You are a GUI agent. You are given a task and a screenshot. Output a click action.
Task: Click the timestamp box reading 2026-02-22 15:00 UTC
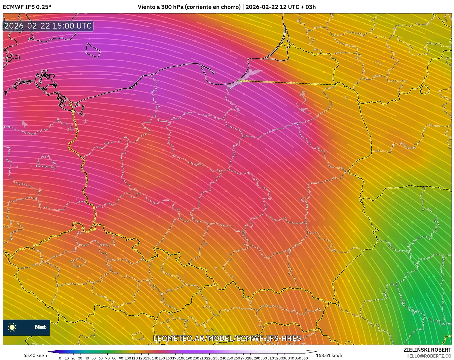pyautogui.click(x=48, y=26)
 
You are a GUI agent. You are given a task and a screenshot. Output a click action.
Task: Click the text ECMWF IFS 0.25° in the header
pyautogui.click(x=27, y=7)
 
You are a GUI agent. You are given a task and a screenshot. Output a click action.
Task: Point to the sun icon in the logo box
pyautogui.click(x=12, y=327)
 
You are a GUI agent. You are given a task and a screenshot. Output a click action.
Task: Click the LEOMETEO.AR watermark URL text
pyautogui.click(x=227, y=338)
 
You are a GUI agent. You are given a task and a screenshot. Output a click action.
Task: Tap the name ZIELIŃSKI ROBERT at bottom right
pyautogui.click(x=427, y=350)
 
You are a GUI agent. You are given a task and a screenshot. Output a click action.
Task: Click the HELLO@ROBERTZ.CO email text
pyautogui.click(x=428, y=356)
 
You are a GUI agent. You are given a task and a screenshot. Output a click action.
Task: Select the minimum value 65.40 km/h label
pyautogui.click(x=35, y=355)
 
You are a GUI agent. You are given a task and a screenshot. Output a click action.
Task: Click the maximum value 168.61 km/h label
pyautogui.click(x=329, y=355)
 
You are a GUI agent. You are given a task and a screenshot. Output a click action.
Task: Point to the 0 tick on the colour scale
pyautogui.click(x=60, y=358)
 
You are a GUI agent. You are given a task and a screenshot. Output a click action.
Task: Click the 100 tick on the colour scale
pyautogui.click(x=128, y=358)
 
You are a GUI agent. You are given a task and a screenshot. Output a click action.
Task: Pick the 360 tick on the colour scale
pyautogui.click(x=304, y=358)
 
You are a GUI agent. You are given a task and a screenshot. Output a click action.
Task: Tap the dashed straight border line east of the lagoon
pyautogui.click(x=288, y=82)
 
